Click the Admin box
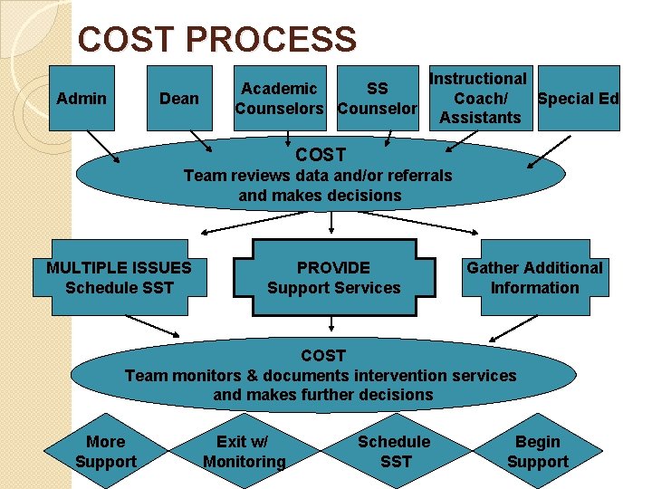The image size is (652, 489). [x=81, y=99]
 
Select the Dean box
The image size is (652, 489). [x=179, y=99]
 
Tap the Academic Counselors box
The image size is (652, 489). [x=279, y=99]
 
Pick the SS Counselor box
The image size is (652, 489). [x=377, y=99]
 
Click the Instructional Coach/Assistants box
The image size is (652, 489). [x=479, y=98]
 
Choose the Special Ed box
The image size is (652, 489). [x=578, y=99]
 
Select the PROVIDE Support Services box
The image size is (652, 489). [x=333, y=277]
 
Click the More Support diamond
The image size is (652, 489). [x=105, y=451]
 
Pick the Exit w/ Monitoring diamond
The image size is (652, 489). [x=244, y=451]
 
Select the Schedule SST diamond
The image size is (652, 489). [x=394, y=451]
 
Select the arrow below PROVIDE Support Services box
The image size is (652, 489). [x=333, y=324]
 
